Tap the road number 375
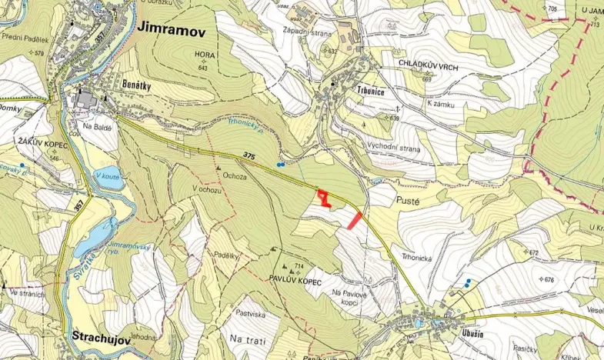pos(248,156)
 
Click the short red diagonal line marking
pos(355,220)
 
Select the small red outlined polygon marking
pos(325,199)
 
